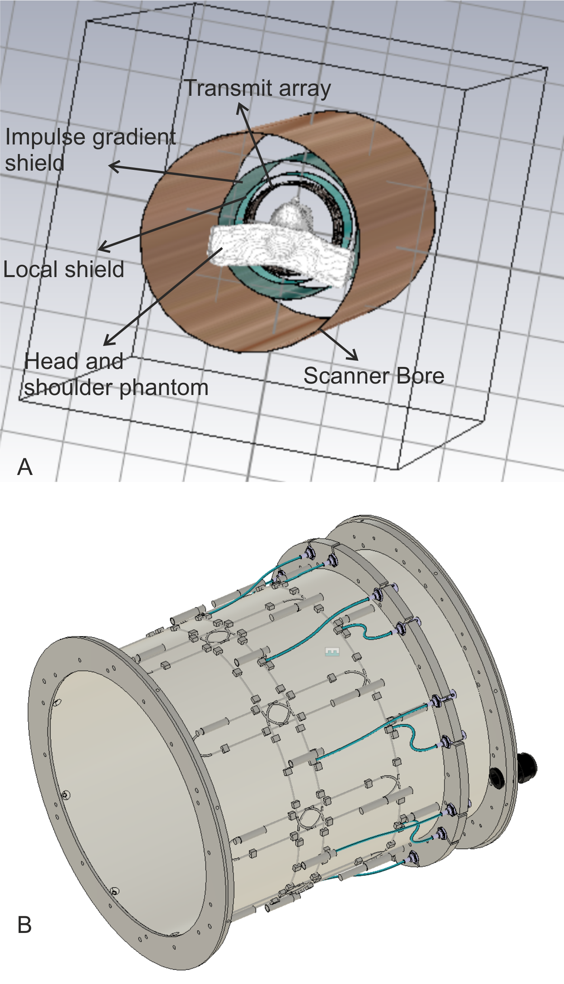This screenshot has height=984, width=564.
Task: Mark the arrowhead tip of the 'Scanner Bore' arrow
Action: (358, 360)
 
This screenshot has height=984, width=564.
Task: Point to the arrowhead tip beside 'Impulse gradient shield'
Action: (109, 166)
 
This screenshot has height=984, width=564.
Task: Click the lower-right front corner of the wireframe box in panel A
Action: (398, 469)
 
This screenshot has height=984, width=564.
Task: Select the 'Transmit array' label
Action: (258, 88)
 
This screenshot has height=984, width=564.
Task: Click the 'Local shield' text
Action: (64, 269)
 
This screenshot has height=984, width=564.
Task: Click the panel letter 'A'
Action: (25, 467)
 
